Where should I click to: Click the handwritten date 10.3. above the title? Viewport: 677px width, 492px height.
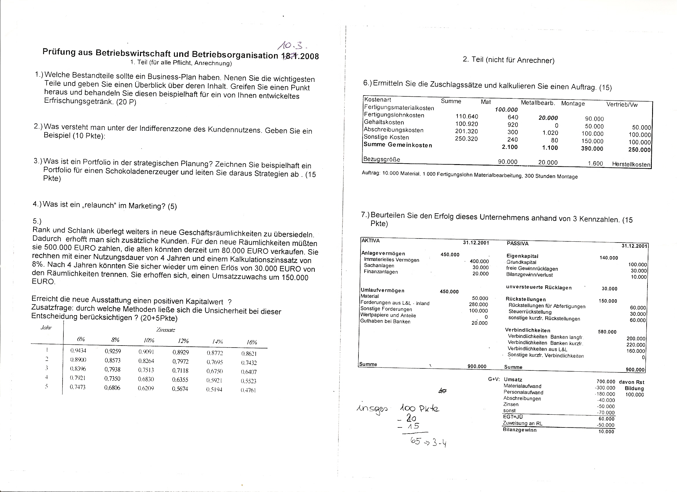(292, 45)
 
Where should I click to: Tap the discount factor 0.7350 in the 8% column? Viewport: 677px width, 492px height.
(112, 379)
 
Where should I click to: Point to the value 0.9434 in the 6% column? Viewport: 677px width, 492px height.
(78, 351)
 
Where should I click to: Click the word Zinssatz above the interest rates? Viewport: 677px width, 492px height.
(166, 330)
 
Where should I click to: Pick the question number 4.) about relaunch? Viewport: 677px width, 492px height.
(37, 204)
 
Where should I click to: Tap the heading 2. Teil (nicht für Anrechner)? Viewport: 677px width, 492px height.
(508, 60)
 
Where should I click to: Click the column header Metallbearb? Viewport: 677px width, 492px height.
(538, 103)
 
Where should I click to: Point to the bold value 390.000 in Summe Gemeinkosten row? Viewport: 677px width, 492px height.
(592, 148)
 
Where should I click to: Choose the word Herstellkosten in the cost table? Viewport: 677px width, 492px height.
(631, 164)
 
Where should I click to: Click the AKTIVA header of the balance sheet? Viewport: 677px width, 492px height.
(370, 241)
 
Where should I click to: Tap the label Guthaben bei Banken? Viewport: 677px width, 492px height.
(385, 322)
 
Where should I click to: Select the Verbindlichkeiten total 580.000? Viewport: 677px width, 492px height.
(607, 332)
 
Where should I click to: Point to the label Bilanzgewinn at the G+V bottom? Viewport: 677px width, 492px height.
(519, 430)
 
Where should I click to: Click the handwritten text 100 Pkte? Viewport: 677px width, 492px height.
(419, 408)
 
